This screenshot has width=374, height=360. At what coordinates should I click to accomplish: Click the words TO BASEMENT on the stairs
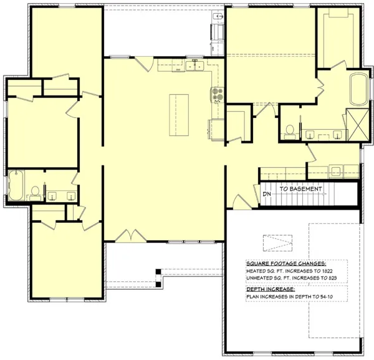[x=300, y=188]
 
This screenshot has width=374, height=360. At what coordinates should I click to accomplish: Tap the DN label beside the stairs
[x=266, y=195]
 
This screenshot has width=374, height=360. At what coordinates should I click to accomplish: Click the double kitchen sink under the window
[x=194, y=65]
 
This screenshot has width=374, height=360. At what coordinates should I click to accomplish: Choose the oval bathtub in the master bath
[x=359, y=90]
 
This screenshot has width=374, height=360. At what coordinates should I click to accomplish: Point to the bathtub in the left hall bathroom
[x=17, y=185]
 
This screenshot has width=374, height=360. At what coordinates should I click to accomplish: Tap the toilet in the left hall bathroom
[x=36, y=190]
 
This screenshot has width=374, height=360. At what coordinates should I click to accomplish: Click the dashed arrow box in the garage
[x=277, y=241]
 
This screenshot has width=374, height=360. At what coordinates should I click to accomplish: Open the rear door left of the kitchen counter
[x=145, y=62]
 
